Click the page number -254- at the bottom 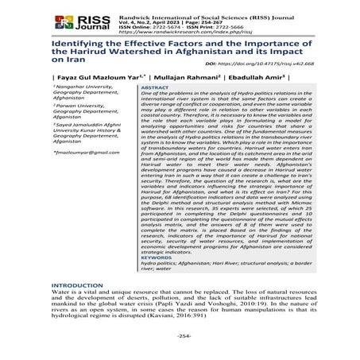(x=179, y=343)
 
